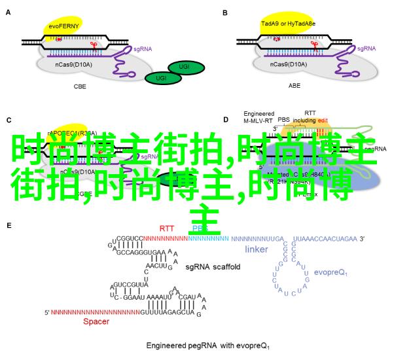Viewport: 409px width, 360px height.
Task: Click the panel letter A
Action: pos(9,12)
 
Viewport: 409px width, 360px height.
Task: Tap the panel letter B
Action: pos(225,12)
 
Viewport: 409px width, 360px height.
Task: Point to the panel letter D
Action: pos(226,120)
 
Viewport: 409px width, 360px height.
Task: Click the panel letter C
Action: pos(9,120)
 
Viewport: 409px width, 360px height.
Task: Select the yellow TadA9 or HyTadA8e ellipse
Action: pos(288,25)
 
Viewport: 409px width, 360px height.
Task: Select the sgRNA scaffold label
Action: pos(213,266)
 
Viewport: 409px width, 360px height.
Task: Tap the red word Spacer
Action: pos(96,321)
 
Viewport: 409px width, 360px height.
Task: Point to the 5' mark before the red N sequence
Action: pos(46,312)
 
